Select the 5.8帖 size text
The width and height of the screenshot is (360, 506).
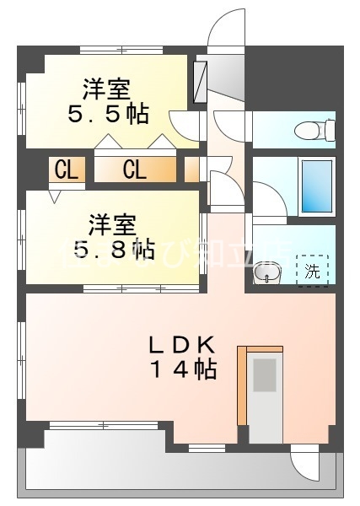tap(111, 249)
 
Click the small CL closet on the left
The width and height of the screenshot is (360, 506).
tap(66, 170)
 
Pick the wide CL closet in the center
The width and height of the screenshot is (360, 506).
tap(135, 170)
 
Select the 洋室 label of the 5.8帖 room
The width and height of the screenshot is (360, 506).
tap(112, 224)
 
